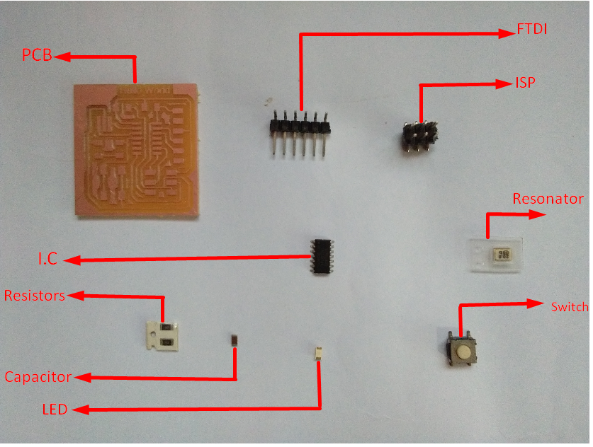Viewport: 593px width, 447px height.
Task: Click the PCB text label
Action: (x=36, y=54)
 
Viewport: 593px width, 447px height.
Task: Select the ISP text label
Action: (x=525, y=83)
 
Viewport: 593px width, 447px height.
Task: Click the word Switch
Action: (x=569, y=306)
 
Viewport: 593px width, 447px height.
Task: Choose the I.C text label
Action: (x=47, y=260)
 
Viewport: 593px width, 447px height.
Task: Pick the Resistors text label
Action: (x=35, y=295)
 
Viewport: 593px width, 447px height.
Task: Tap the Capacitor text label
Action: (x=38, y=377)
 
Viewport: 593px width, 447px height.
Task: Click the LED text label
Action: (x=55, y=410)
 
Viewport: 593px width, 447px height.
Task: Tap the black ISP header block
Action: (x=420, y=134)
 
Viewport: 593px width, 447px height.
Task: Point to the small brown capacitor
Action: (x=235, y=340)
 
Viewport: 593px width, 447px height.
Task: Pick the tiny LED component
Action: (x=319, y=351)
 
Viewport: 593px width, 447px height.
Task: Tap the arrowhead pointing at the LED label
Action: (x=77, y=410)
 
